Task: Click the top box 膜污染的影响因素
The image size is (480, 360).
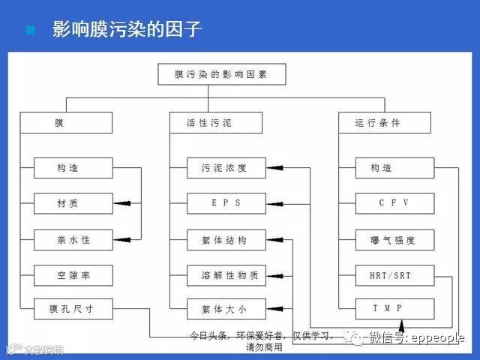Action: pyautogui.click(x=220, y=75)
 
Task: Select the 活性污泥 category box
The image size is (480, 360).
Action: pyautogui.click(x=215, y=122)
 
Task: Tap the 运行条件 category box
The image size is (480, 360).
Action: pyautogui.click(x=384, y=122)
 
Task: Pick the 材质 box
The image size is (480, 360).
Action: pyautogui.click(x=73, y=203)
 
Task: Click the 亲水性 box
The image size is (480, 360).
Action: pyautogui.click(x=73, y=241)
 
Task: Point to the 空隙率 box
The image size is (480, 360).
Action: pyautogui.click(x=73, y=275)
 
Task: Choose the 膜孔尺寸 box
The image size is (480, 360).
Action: pyautogui.click(x=73, y=308)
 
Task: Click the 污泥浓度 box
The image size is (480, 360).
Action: pyautogui.click(x=226, y=168)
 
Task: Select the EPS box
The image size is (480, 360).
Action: pyautogui.click(x=226, y=202)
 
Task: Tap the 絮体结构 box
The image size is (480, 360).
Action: pyautogui.click(x=226, y=241)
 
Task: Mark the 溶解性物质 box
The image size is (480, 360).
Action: pyautogui.click(x=226, y=275)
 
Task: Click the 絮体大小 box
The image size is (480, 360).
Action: pyautogui.click(x=226, y=308)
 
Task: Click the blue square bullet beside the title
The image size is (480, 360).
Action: pyautogui.click(x=31, y=31)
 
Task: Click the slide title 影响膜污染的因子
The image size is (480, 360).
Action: pyautogui.click(x=126, y=31)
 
